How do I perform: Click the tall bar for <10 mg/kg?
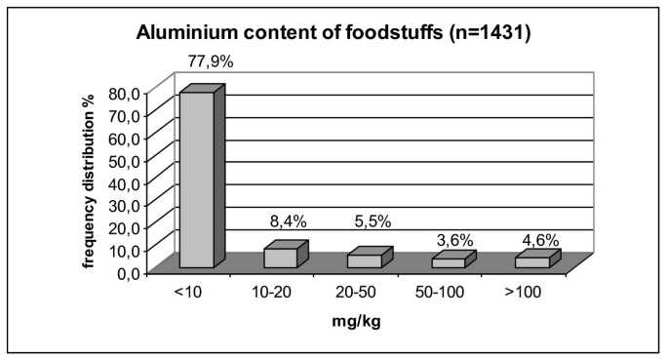pos(195,180)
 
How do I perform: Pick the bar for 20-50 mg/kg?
pos(364,260)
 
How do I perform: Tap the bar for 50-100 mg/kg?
pos(449,262)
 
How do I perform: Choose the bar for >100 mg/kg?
pos(532,261)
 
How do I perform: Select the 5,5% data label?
pos(373,222)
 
